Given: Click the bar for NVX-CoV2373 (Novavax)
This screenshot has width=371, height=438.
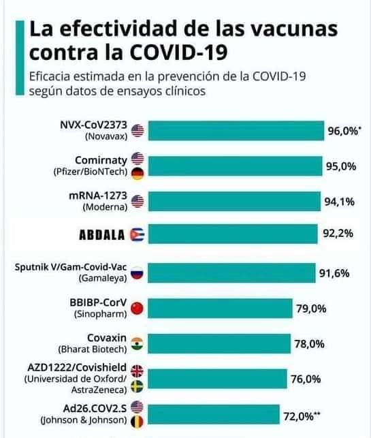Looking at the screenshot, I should coord(236,131).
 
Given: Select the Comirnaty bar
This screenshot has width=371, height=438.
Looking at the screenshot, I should coord(235,166).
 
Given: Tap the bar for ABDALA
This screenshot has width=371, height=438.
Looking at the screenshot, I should coord(232,235).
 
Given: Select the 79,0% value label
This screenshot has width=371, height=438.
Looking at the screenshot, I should coord(311,309).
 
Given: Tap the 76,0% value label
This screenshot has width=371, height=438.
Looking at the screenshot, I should coord(306,378).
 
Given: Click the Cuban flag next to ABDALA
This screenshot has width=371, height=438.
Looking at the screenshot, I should coord(137,235).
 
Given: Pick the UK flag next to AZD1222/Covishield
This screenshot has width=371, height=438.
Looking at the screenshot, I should coord(137,371).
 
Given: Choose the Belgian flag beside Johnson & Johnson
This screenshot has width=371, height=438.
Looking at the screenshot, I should coord(137,420).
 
